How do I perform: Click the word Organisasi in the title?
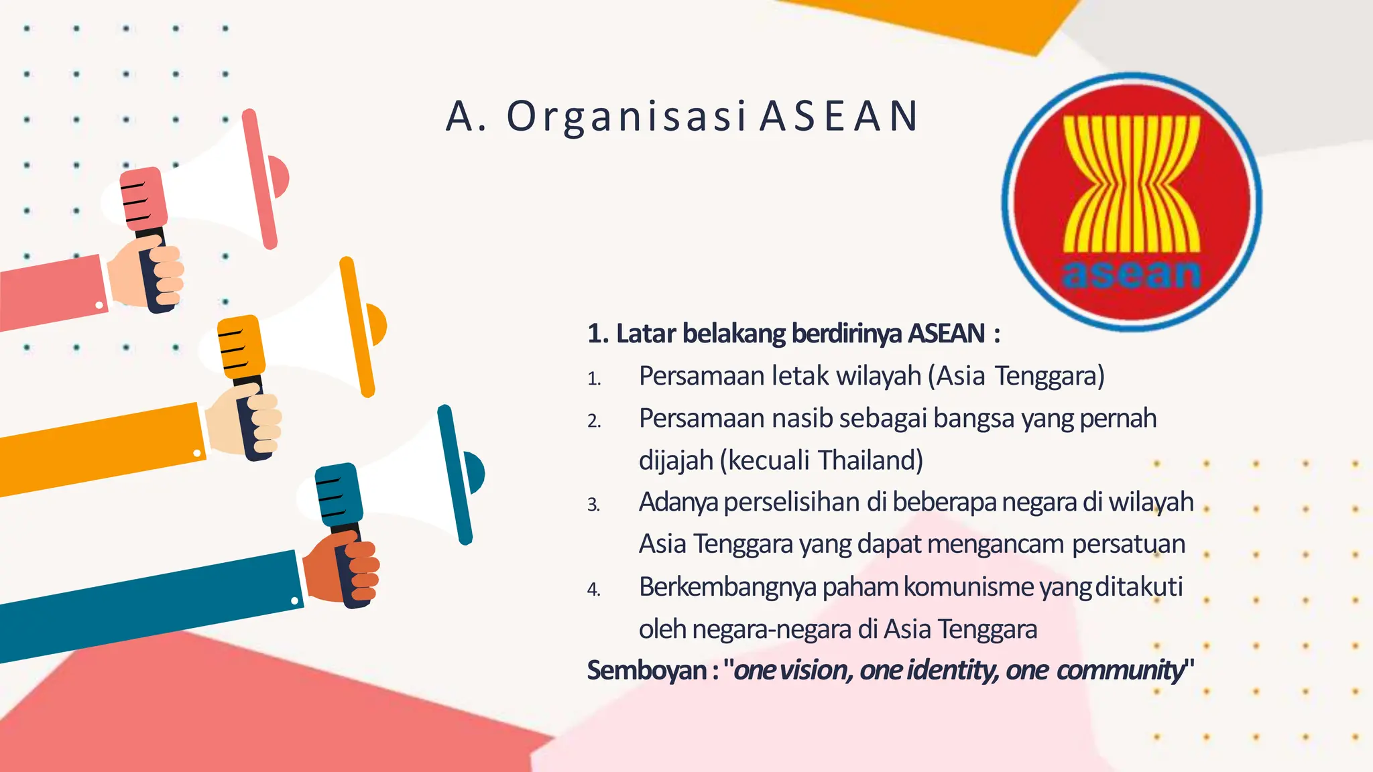[x=626, y=117]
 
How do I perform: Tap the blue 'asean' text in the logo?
[x=1132, y=274]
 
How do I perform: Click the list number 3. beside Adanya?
[x=593, y=504]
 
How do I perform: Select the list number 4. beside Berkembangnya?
[x=593, y=589]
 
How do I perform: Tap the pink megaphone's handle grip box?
[x=143, y=196]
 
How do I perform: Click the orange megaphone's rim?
[x=357, y=327]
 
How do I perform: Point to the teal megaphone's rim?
[x=455, y=474]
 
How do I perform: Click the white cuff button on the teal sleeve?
[x=295, y=601]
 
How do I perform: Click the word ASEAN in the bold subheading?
[x=946, y=333]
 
